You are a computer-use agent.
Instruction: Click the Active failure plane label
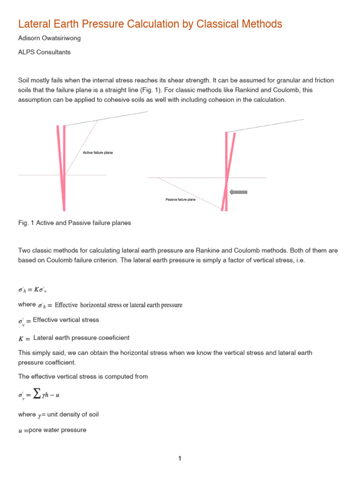coord(97,153)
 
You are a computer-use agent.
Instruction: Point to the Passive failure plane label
coord(180,200)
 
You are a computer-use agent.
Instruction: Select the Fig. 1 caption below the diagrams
coord(74,223)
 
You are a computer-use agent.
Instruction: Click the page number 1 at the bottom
coord(180,458)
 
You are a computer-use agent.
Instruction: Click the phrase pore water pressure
coord(57,429)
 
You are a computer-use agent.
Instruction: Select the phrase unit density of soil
coord(72,414)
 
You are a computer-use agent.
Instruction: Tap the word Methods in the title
coord(264,23)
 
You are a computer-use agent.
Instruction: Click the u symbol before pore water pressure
coord(20,430)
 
